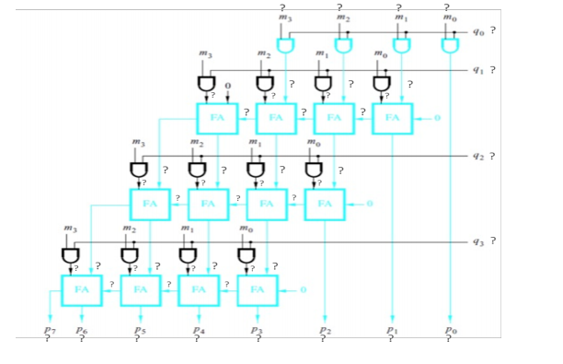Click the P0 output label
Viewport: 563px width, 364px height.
pyautogui.click(x=448, y=329)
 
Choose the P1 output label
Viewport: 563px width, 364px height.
pyautogui.click(x=391, y=329)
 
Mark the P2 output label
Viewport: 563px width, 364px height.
pyautogui.click(x=324, y=329)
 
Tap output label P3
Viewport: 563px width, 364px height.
pyautogui.click(x=258, y=329)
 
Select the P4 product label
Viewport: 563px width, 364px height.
pyautogui.click(x=198, y=329)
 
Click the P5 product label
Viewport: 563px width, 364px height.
pyautogui.click(x=138, y=329)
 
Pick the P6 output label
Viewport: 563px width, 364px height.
pyautogui.click(x=82, y=329)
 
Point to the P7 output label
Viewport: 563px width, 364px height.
pyautogui.click(x=49, y=329)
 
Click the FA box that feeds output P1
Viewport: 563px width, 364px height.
pyautogui.click(x=392, y=118)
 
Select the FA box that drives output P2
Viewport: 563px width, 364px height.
pyautogui.click(x=325, y=203)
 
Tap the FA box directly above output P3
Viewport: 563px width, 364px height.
pyautogui.click(x=257, y=289)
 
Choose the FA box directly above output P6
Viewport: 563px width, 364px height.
pyautogui.click(x=82, y=289)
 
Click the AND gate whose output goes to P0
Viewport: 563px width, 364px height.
pyautogui.click(x=449, y=45)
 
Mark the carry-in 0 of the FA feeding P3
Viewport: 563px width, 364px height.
pyautogui.click(x=302, y=290)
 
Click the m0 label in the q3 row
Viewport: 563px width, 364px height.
pyautogui.click(x=245, y=227)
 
